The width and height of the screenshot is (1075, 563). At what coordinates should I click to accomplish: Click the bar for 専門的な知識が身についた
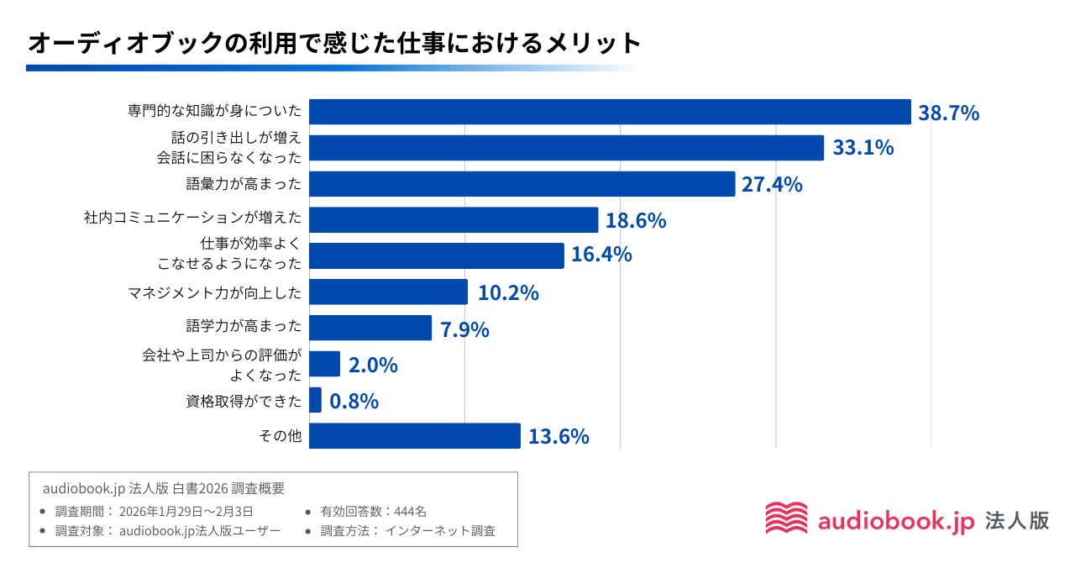[610, 112]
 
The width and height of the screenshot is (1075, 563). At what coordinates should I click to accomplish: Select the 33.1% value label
[863, 148]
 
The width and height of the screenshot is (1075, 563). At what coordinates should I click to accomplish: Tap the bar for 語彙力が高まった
[522, 184]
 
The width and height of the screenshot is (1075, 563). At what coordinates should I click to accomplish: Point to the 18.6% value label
[636, 220]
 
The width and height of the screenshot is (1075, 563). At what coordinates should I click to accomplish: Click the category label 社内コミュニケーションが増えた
[192, 218]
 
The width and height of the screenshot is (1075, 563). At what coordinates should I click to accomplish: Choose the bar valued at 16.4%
[436, 255]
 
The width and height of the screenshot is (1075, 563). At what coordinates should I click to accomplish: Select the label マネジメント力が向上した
[214, 292]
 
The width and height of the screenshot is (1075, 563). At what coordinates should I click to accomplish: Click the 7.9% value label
[464, 329]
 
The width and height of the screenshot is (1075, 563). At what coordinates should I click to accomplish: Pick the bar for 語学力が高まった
[370, 328]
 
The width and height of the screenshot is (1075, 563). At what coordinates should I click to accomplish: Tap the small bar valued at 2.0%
[324, 364]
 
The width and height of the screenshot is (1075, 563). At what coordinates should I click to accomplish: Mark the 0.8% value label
[354, 402]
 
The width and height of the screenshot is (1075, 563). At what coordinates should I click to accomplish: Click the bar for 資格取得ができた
[315, 400]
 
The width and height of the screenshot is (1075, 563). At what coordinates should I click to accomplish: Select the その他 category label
[281, 436]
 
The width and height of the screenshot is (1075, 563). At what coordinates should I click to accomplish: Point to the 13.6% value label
[558, 437]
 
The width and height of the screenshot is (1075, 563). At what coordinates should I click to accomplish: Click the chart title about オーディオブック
[333, 42]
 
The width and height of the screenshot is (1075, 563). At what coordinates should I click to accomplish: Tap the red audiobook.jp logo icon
[786, 518]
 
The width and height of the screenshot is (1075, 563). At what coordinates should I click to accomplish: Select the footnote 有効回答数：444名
[374, 511]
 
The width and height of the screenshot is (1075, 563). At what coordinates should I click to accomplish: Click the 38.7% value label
[948, 113]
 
